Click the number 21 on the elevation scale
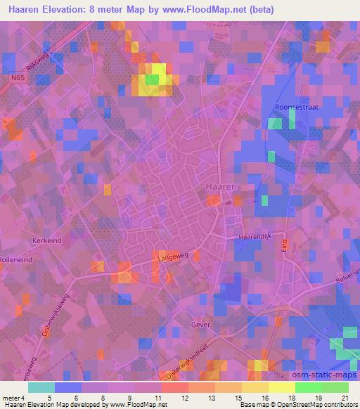pos(345,397)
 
